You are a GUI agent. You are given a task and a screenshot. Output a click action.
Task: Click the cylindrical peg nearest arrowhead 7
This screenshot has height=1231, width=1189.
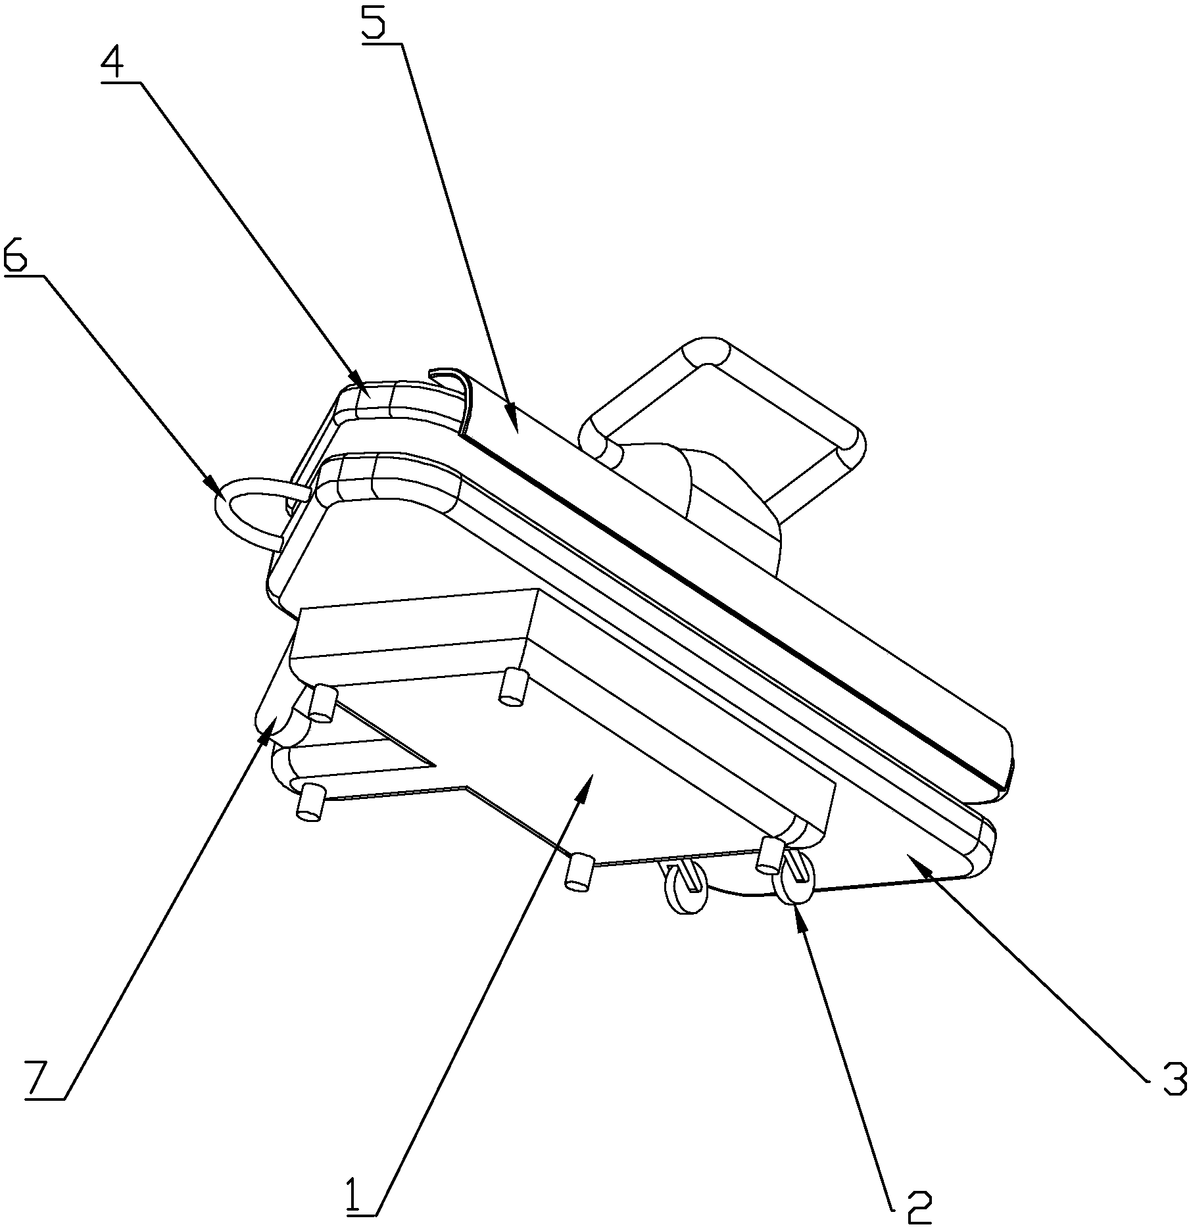click(322, 703)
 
